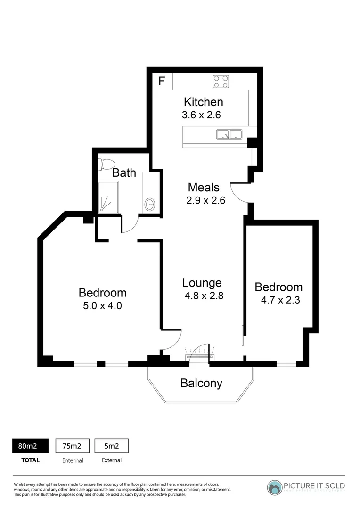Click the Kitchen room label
click(x=203, y=102)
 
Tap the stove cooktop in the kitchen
click(x=221, y=82)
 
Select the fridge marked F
click(x=161, y=81)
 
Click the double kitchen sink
click(x=229, y=134)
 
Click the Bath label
click(x=124, y=173)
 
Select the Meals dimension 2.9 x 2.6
click(x=206, y=200)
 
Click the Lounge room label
click(x=202, y=283)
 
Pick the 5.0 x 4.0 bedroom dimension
click(x=102, y=305)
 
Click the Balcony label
click(x=201, y=383)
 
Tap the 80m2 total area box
click(x=31, y=445)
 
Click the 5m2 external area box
click(x=112, y=445)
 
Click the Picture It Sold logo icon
click(x=275, y=488)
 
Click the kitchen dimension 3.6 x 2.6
click(x=201, y=115)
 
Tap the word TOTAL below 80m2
click(x=31, y=460)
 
